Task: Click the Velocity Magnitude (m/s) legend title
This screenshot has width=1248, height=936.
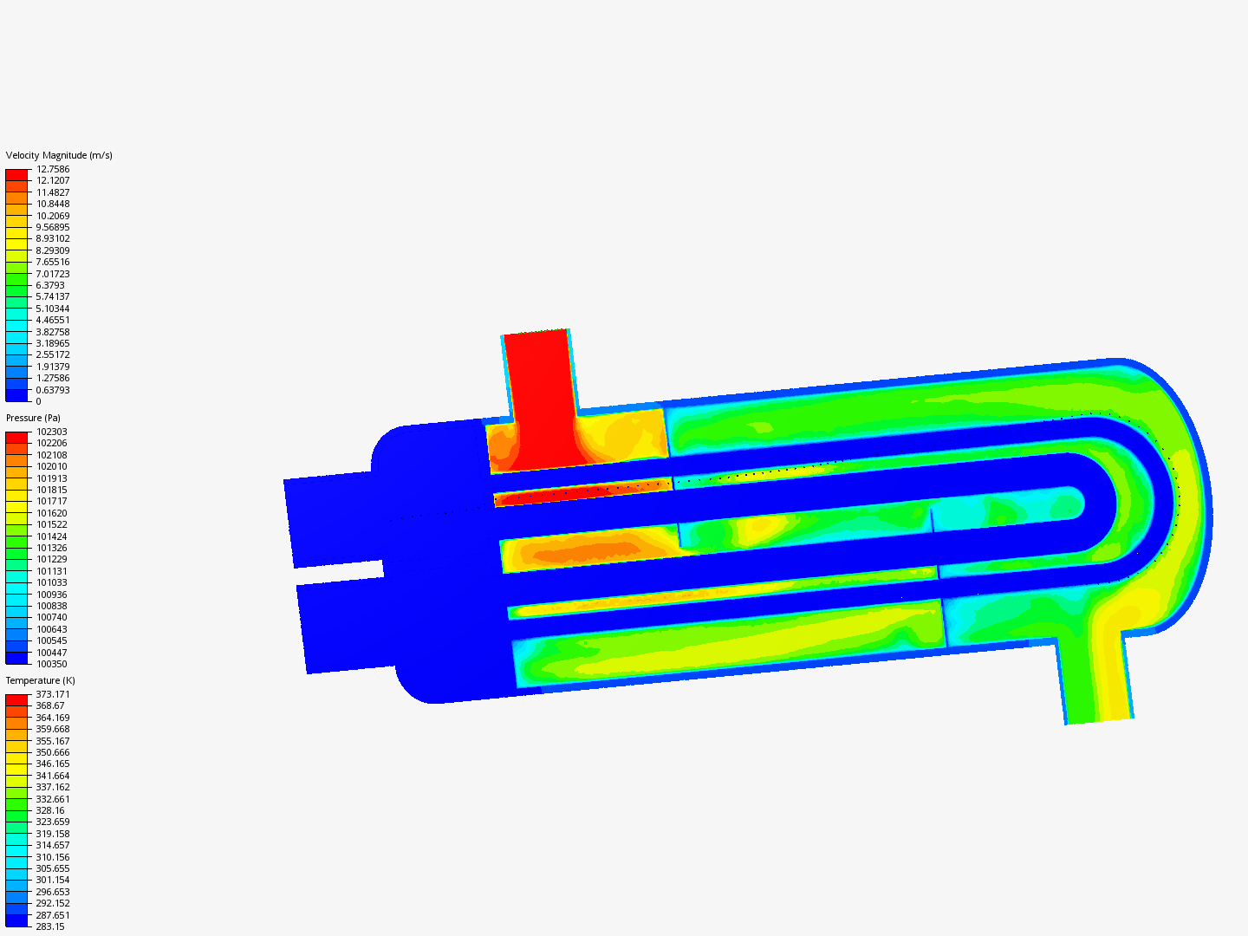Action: (x=59, y=155)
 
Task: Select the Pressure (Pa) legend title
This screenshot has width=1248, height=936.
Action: (x=33, y=418)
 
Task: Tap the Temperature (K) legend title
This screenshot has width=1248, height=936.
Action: (x=40, y=680)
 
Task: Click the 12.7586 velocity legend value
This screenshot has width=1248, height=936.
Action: (x=53, y=169)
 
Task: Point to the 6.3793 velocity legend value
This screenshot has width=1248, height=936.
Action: (x=50, y=285)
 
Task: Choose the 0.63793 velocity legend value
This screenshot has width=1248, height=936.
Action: (x=53, y=390)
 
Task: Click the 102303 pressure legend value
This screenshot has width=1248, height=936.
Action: (x=51, y=432)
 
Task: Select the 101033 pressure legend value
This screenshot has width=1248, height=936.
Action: (x=51, y=582)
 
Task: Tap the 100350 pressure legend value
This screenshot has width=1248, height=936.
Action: (x=51, y=664)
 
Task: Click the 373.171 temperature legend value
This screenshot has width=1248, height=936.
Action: (x=53, y=694)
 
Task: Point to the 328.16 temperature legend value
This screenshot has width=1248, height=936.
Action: (x=50, y=810)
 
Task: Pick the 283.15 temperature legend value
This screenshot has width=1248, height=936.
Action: (x=50, y=926)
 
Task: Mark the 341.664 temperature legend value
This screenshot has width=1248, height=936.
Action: (x=53, y=776)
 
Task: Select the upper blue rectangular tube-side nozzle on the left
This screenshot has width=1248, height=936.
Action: (x=329, y=520)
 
